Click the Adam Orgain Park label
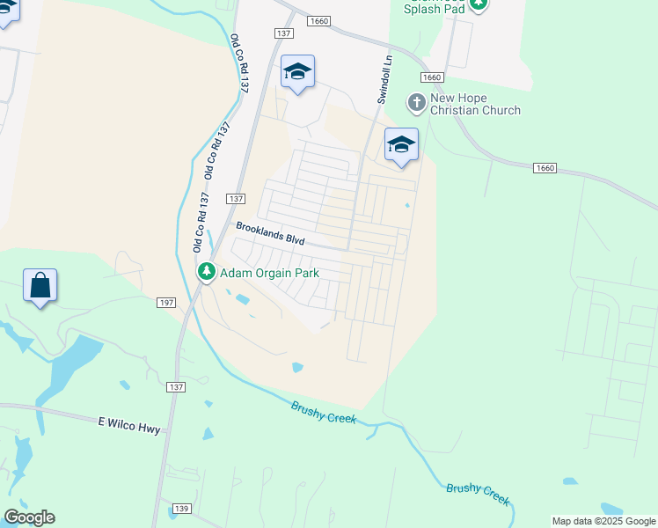(x=268, y=273)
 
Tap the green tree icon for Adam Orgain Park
(x=207, y=273)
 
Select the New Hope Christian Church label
(x=475, y=104)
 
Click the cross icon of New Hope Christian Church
(x=416, y=103)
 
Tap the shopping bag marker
(x=40, y=286)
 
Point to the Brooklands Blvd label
(x=269, y=233)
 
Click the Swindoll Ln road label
(x=383, y=79)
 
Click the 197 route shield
(x=166, y=303)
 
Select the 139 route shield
(x=182, y=509)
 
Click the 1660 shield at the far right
(x=545, y=167)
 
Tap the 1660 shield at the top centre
(x=318, y=20)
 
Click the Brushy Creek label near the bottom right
(x=478, y=493)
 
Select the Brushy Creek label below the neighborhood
(x=324, y=411)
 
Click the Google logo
(x=29, y=517)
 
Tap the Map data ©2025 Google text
(x=603, y=521)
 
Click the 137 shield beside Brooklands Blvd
(x=235, y=200)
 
